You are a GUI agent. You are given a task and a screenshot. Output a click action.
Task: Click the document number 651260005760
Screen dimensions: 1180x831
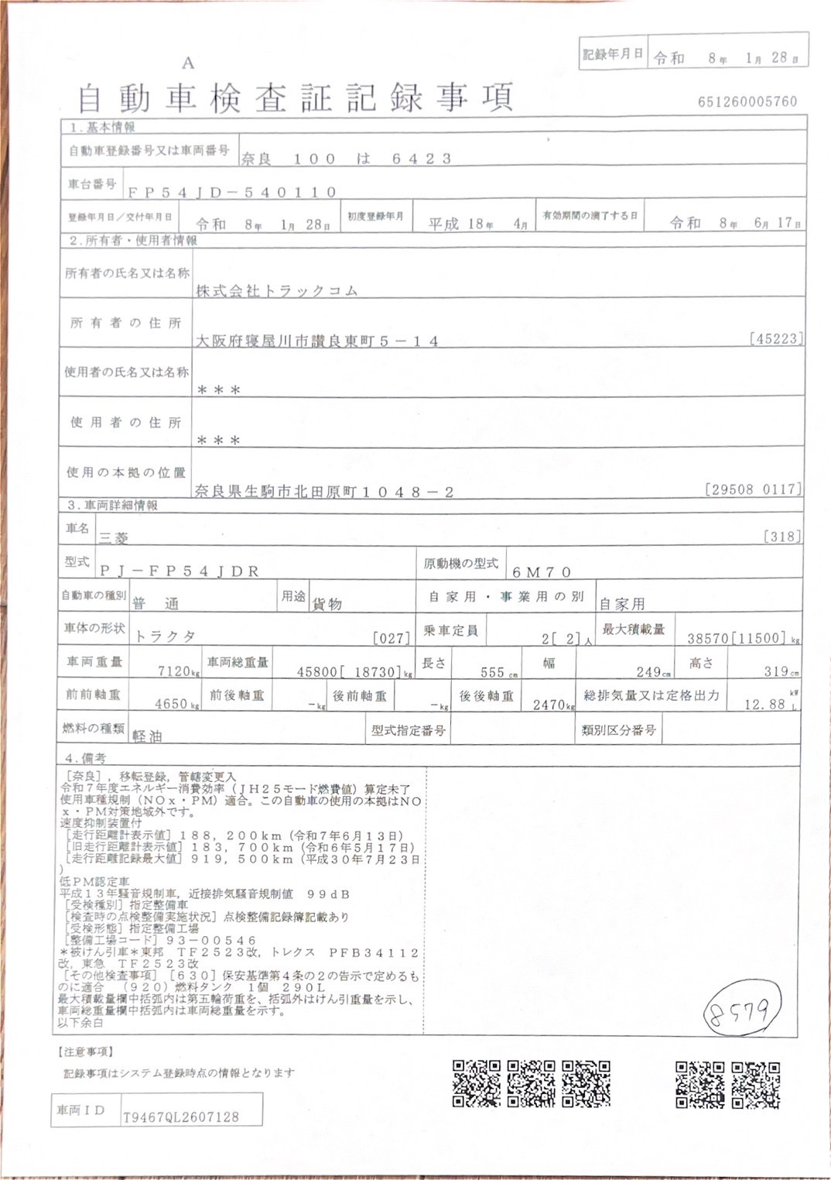click(x=747, y=101)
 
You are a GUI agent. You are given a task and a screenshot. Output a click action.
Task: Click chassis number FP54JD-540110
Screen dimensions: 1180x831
click(x=232, y=192)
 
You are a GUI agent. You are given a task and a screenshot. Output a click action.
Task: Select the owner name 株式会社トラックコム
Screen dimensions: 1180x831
click(x=276, y=291)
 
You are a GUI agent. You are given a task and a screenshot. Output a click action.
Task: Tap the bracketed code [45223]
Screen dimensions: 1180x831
click(x=775, y=338)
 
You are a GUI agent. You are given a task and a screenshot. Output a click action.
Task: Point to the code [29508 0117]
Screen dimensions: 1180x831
click(x=753, y=489)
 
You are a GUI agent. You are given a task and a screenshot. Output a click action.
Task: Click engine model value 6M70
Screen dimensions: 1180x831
click(x=542, y=572)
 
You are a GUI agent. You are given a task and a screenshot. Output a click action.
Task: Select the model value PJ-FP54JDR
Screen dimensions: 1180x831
click(x=179, y=571)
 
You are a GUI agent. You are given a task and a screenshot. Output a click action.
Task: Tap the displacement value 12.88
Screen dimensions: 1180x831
click(x=764, y=704)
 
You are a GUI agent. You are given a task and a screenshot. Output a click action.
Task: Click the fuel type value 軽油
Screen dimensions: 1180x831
click(x=147, y=736)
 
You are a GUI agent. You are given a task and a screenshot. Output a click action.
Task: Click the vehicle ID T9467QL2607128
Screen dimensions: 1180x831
click(x=181, y=1117)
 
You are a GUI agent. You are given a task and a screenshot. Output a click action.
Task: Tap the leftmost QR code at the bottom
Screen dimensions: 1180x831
click(x=476, y=1083)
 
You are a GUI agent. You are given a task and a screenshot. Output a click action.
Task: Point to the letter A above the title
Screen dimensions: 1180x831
click(x=188, y=63)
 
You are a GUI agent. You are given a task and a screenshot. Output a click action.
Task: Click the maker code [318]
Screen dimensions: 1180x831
click(x=781, y=536)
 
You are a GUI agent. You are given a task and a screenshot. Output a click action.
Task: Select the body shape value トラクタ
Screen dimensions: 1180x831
click(x=165, y=636)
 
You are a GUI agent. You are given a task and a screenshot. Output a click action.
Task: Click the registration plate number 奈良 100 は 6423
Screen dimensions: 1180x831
click(x=346, y=159)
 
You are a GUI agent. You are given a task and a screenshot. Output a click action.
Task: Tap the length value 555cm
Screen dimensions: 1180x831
click(x=496, y=672)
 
